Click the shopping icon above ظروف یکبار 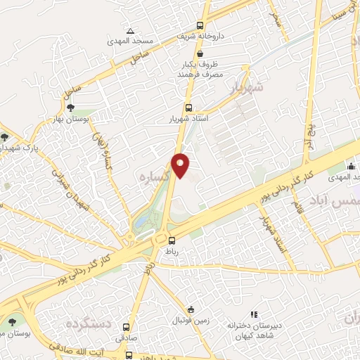[200, 53]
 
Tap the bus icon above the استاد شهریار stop [188, 108]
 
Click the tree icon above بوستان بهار [70, 107]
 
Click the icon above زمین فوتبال [191, 310]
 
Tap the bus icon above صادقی [126, 327]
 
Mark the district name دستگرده [89, 324]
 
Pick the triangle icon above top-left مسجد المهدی [130, 31]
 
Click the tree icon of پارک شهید [6, 136]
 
